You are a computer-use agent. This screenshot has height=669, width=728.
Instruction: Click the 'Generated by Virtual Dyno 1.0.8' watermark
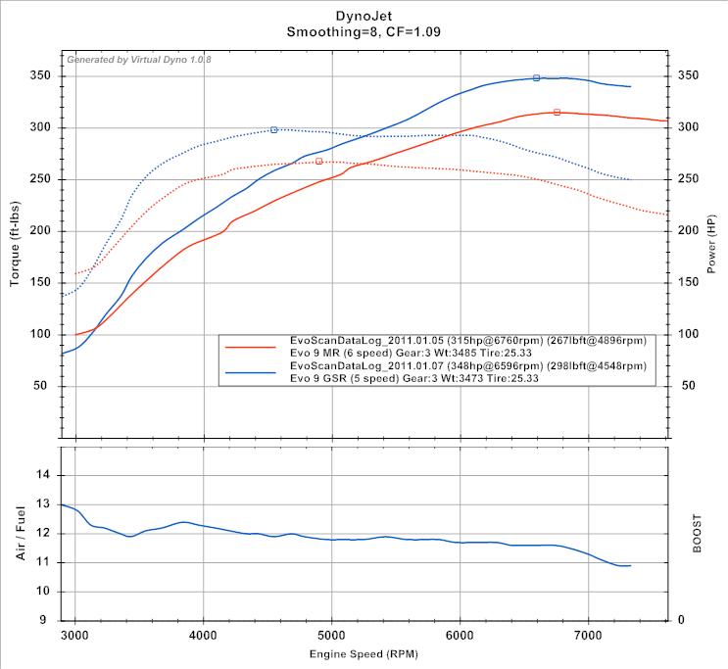[138, 60]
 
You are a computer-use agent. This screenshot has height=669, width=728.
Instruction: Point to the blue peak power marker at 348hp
[536, 77]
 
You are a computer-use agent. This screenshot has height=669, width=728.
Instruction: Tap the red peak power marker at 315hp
[557, 113]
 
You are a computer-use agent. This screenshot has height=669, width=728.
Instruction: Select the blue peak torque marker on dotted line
[273, 129]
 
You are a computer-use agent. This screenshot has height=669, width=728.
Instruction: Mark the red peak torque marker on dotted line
[318, 161]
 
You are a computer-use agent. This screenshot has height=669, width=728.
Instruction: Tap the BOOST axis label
[698, 533]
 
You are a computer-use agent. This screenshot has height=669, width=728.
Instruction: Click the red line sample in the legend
[253, 346]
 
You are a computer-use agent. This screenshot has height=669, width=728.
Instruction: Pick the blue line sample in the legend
[253, 372]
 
